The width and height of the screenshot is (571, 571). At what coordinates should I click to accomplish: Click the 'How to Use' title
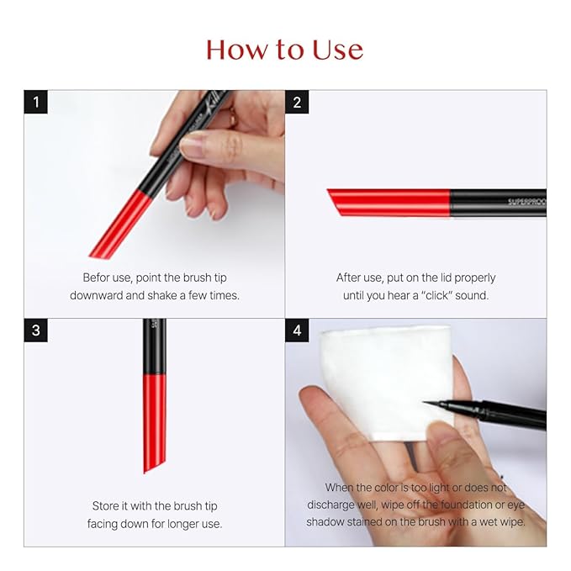click(x=284, y=50)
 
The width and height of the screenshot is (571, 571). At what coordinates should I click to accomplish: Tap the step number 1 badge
click(x=35, y=103)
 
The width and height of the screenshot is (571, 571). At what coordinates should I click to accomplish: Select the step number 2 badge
click(x=297, y=103)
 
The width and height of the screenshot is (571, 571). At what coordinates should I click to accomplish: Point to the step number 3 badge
click(x=35, y=330)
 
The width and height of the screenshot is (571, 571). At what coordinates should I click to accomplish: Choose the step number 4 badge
click(x=297, y=330)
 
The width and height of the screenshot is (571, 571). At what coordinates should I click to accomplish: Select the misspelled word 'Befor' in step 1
click(x=98, y=278)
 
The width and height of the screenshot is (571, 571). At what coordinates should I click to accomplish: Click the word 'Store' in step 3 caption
click(x=108, y=506)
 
